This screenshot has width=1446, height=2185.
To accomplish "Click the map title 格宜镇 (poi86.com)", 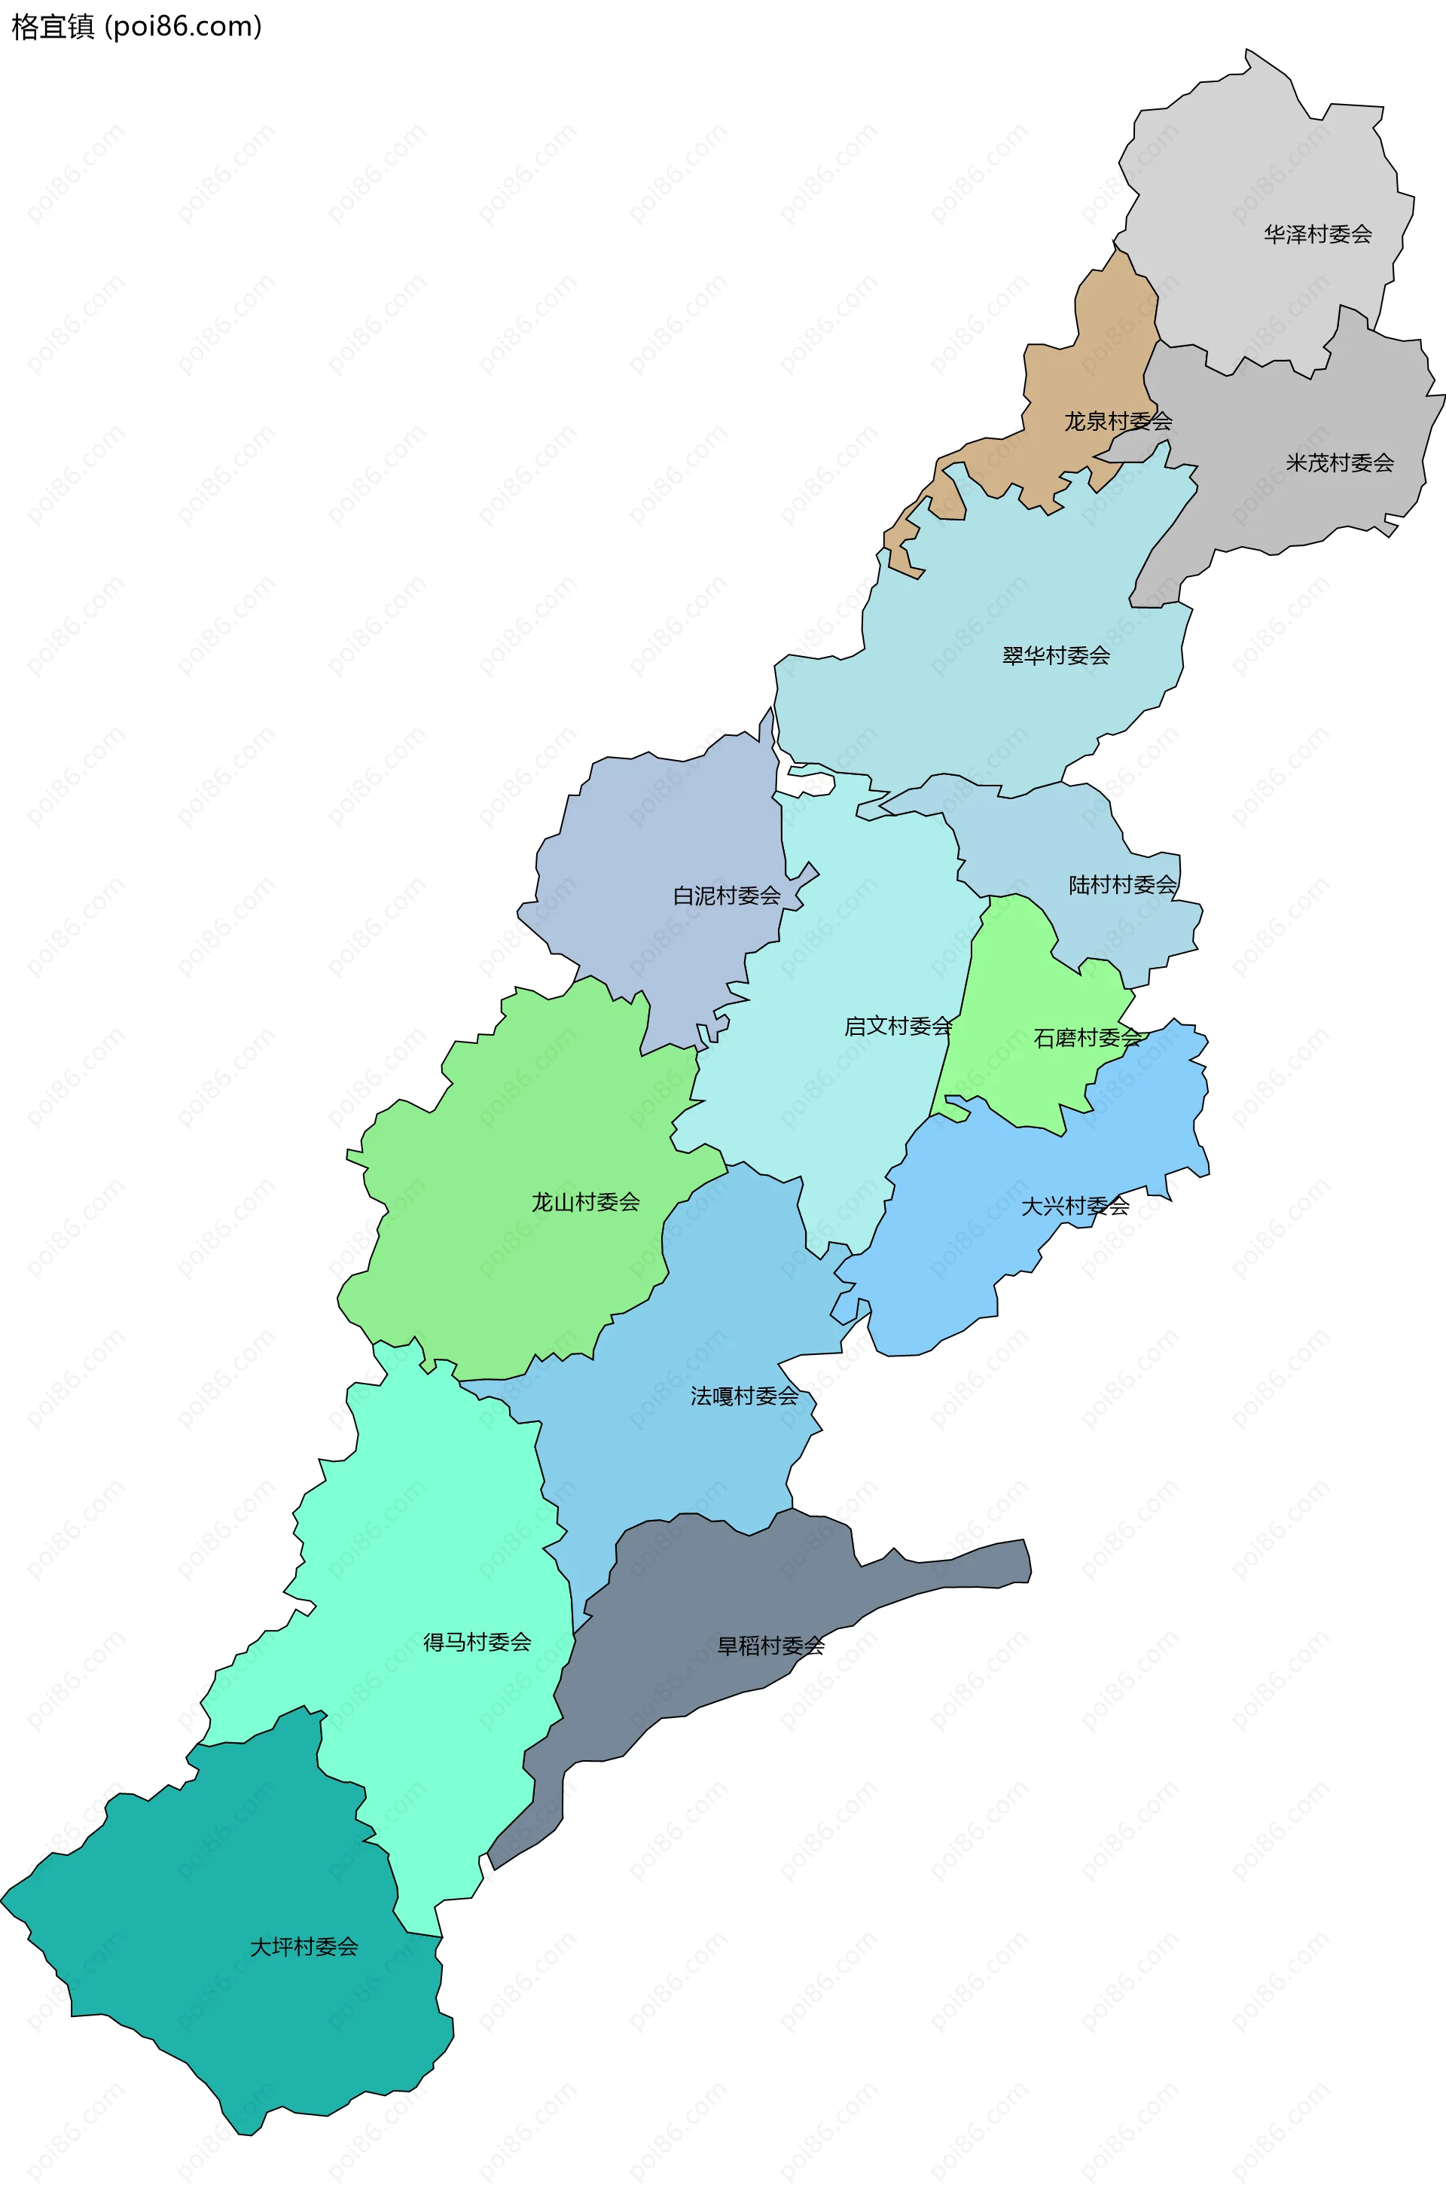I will pos(136,27).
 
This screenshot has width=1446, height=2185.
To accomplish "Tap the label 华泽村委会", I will pos(1317,234).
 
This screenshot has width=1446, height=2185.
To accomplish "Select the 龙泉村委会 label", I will pos(1118,422).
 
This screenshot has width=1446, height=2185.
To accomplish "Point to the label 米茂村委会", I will pos(1339,463).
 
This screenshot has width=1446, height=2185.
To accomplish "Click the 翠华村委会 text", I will pos(1056,656).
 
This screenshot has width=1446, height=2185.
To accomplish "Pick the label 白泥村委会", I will pos(727,896).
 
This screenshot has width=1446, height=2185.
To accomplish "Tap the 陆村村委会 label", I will pos(1122,884).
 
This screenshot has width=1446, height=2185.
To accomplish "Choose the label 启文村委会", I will pos(898,1026).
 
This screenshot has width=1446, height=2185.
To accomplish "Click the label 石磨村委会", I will pos(1088,1038).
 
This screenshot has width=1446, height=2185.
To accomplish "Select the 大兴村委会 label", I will pos(1075,1206).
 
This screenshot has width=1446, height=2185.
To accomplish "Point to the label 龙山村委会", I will pos(586,1202).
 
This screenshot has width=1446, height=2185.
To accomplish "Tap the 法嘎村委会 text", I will pos(744,1396).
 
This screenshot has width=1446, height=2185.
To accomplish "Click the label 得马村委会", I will pos(477,1642).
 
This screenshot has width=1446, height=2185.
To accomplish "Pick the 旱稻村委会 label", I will pos(771,1646).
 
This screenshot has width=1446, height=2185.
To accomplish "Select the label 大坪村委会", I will pos(304,1946).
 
